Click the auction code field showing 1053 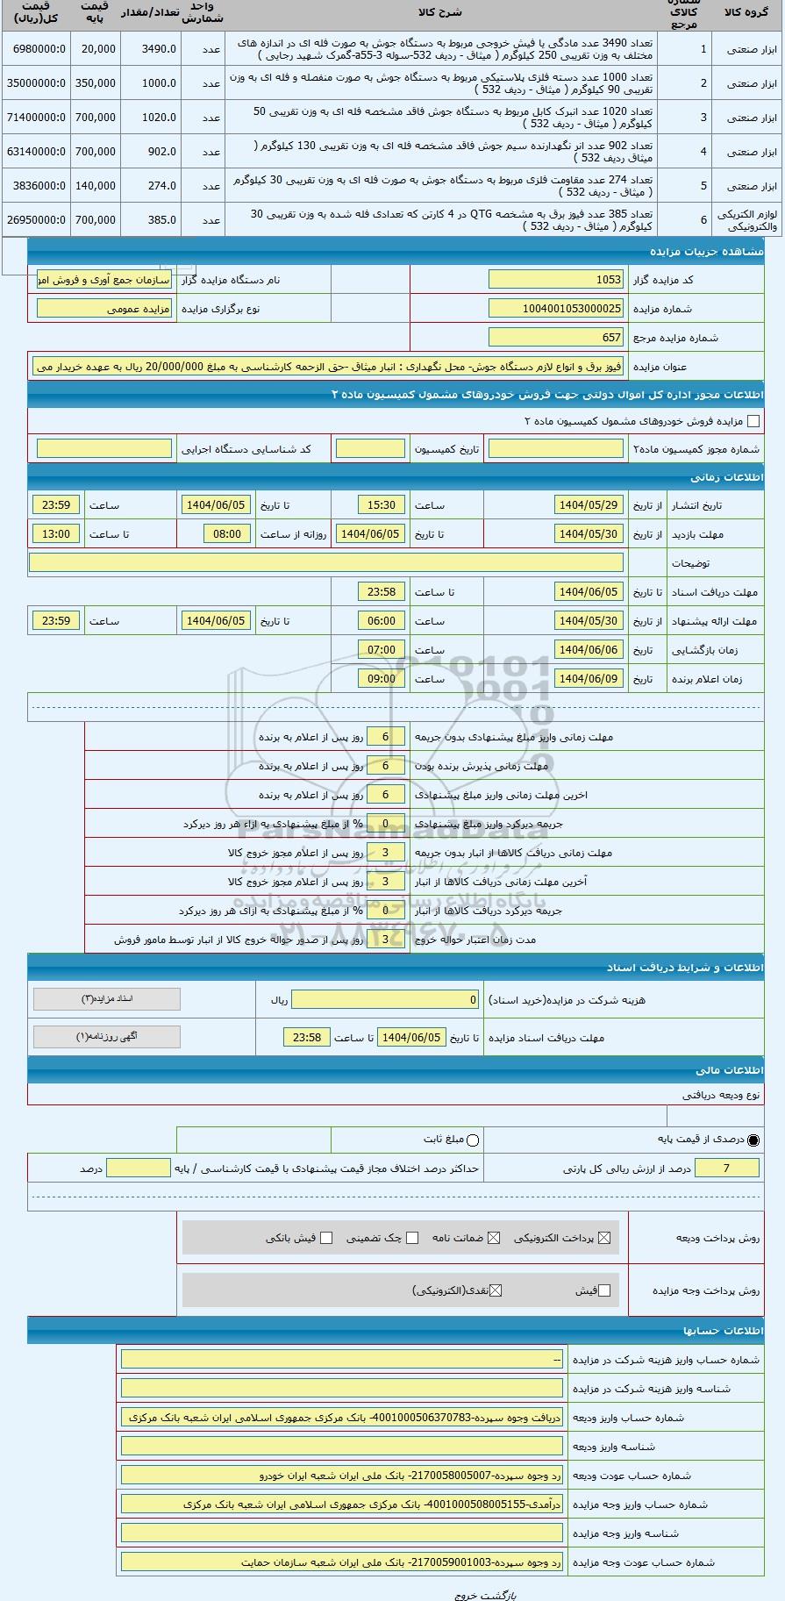(x=555, y=280)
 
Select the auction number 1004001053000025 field (x=555, y=309)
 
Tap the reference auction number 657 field (x=555, y=338)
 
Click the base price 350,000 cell (x=96, y=83)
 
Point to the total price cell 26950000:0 (x=36, y=220)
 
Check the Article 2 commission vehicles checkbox (x=753, y=422)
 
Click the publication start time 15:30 (x=382, y=505)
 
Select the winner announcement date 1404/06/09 (x=589, y=679)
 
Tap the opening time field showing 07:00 (x=382, y=650)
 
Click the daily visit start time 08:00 (x=227, y=534)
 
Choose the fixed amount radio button (x=474, y=1140)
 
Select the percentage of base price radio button (x=753, y=1140)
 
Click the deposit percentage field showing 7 (x=725, y=1169)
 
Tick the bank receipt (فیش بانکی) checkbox (x=326, y=1238)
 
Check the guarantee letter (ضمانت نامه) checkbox (x=494, y=1238)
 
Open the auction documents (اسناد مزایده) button (x=106, y=999)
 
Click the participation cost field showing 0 (x=386, y=1000)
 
